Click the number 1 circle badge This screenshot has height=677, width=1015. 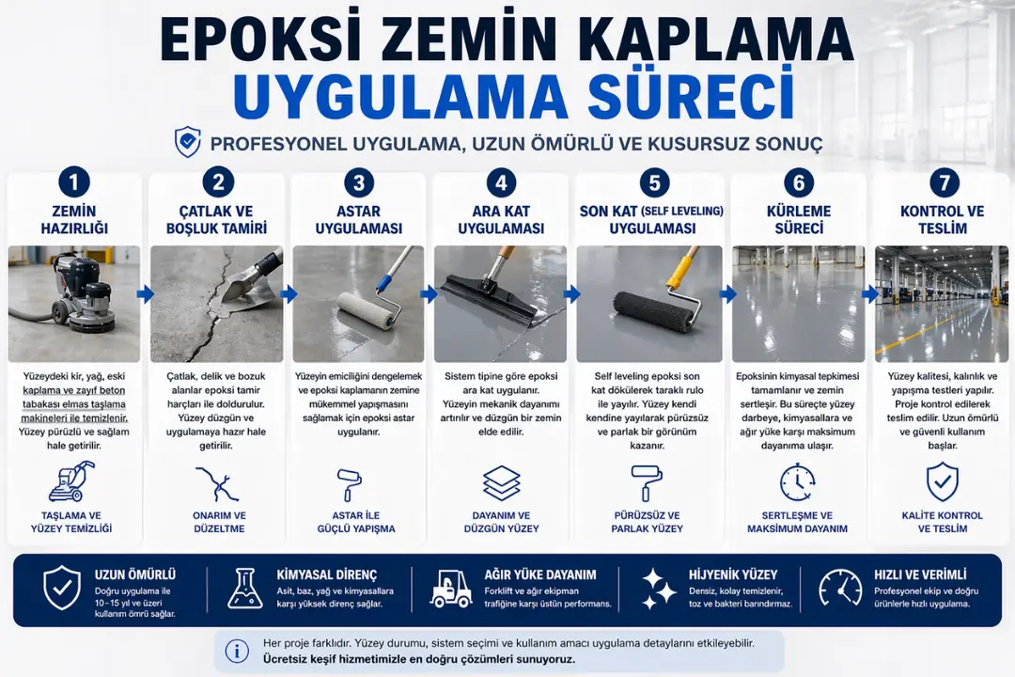point(73,181)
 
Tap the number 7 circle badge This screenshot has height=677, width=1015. point(942,181)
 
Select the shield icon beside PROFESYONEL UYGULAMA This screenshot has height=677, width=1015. point(188,143)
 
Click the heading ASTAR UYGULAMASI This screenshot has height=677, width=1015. point(358,220)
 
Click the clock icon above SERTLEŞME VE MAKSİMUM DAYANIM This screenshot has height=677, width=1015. point(797,482)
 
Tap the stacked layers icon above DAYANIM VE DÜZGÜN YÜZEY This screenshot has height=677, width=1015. point(501,483)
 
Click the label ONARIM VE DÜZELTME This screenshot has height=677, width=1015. point(218,522)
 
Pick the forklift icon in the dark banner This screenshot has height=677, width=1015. point(451,589)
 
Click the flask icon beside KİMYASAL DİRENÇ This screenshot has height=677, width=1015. point(245,588)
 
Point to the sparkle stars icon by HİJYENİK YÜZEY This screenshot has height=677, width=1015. point(659,590)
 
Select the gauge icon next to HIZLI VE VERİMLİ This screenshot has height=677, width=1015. point(839,589)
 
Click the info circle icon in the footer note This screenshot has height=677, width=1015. point(238,650)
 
